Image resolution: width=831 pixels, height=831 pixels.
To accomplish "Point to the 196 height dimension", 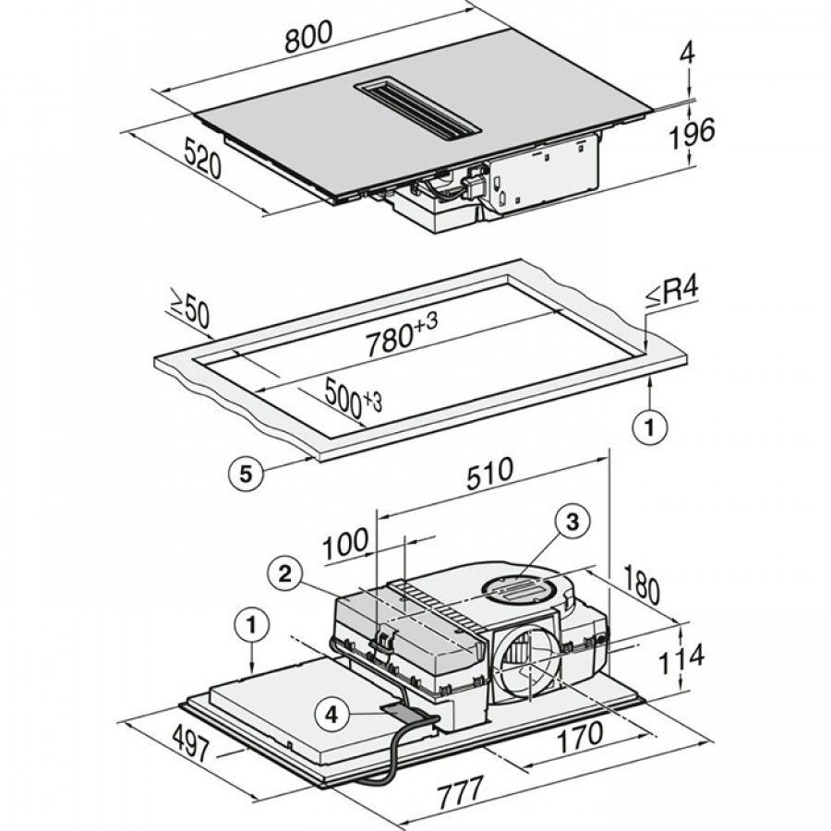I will click(x=692, y=133).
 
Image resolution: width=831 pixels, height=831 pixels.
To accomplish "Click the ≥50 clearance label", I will click(x=189, y=309).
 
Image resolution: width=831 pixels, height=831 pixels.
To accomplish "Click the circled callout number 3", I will click(x=572, y=524).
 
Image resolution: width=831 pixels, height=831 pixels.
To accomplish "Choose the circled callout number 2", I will click(x=286, y=574).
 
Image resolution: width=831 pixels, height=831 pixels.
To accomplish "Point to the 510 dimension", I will click(x=488, y=473).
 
